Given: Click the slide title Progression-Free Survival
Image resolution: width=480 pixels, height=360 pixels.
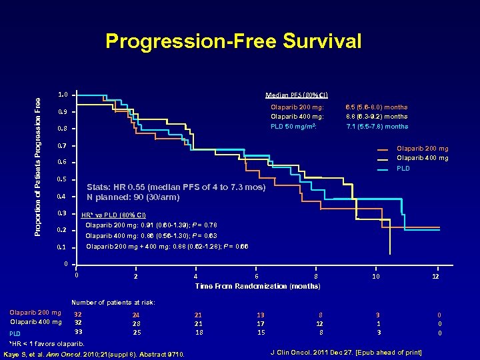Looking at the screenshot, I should click(233, 42).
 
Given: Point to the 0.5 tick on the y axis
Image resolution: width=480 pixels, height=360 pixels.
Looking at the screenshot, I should click(61, 179).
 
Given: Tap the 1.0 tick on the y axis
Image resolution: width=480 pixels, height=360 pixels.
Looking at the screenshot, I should click(61, 95).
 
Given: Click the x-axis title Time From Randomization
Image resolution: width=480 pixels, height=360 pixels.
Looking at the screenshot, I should click(257, 286).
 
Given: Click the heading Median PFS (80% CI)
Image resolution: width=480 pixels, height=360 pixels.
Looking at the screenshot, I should click(296, 95).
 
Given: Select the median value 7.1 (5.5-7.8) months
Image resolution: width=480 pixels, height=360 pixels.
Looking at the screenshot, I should click(377, 126).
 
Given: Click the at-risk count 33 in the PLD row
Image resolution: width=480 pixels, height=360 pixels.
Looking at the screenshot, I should click(78, 332).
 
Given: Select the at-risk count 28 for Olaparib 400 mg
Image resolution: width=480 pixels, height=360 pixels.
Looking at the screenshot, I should click(136, 323).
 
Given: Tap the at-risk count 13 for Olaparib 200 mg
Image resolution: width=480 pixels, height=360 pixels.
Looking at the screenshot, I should click(261, 313).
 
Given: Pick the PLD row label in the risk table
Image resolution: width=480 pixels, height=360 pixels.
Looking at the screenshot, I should click(15, 333).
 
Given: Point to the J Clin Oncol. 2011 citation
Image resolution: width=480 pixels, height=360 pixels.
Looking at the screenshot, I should click(347, 351).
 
